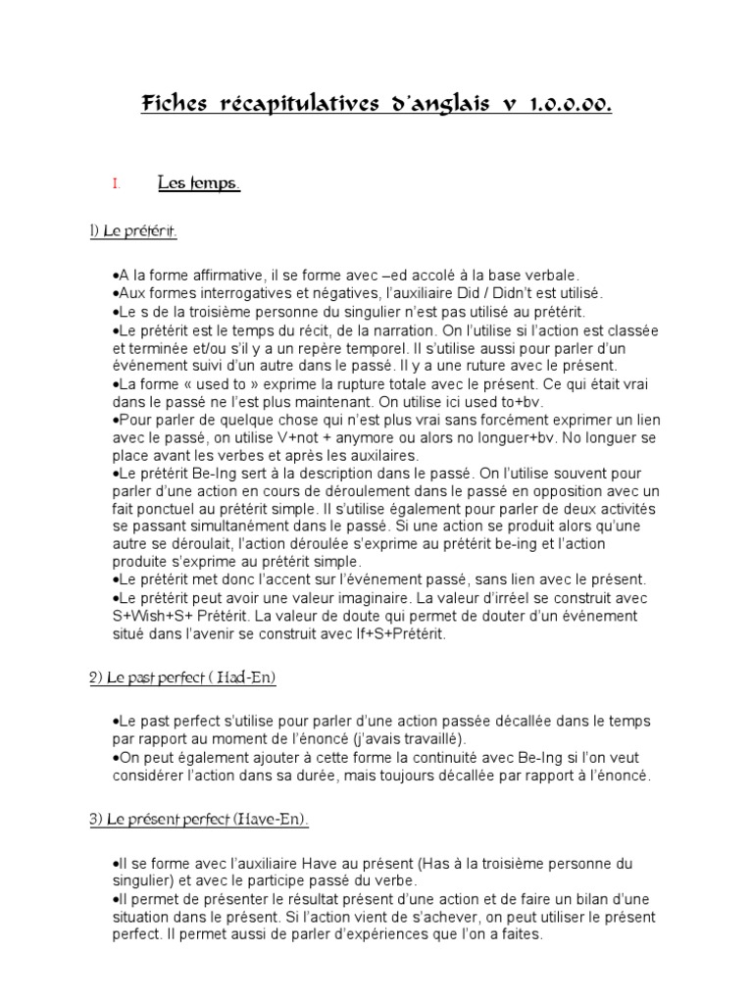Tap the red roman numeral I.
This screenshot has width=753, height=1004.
click(x=116, y=183)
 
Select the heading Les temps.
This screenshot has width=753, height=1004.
click(x=199, y=183)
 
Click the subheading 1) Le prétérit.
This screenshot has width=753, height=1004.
click(x=134, y=231)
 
